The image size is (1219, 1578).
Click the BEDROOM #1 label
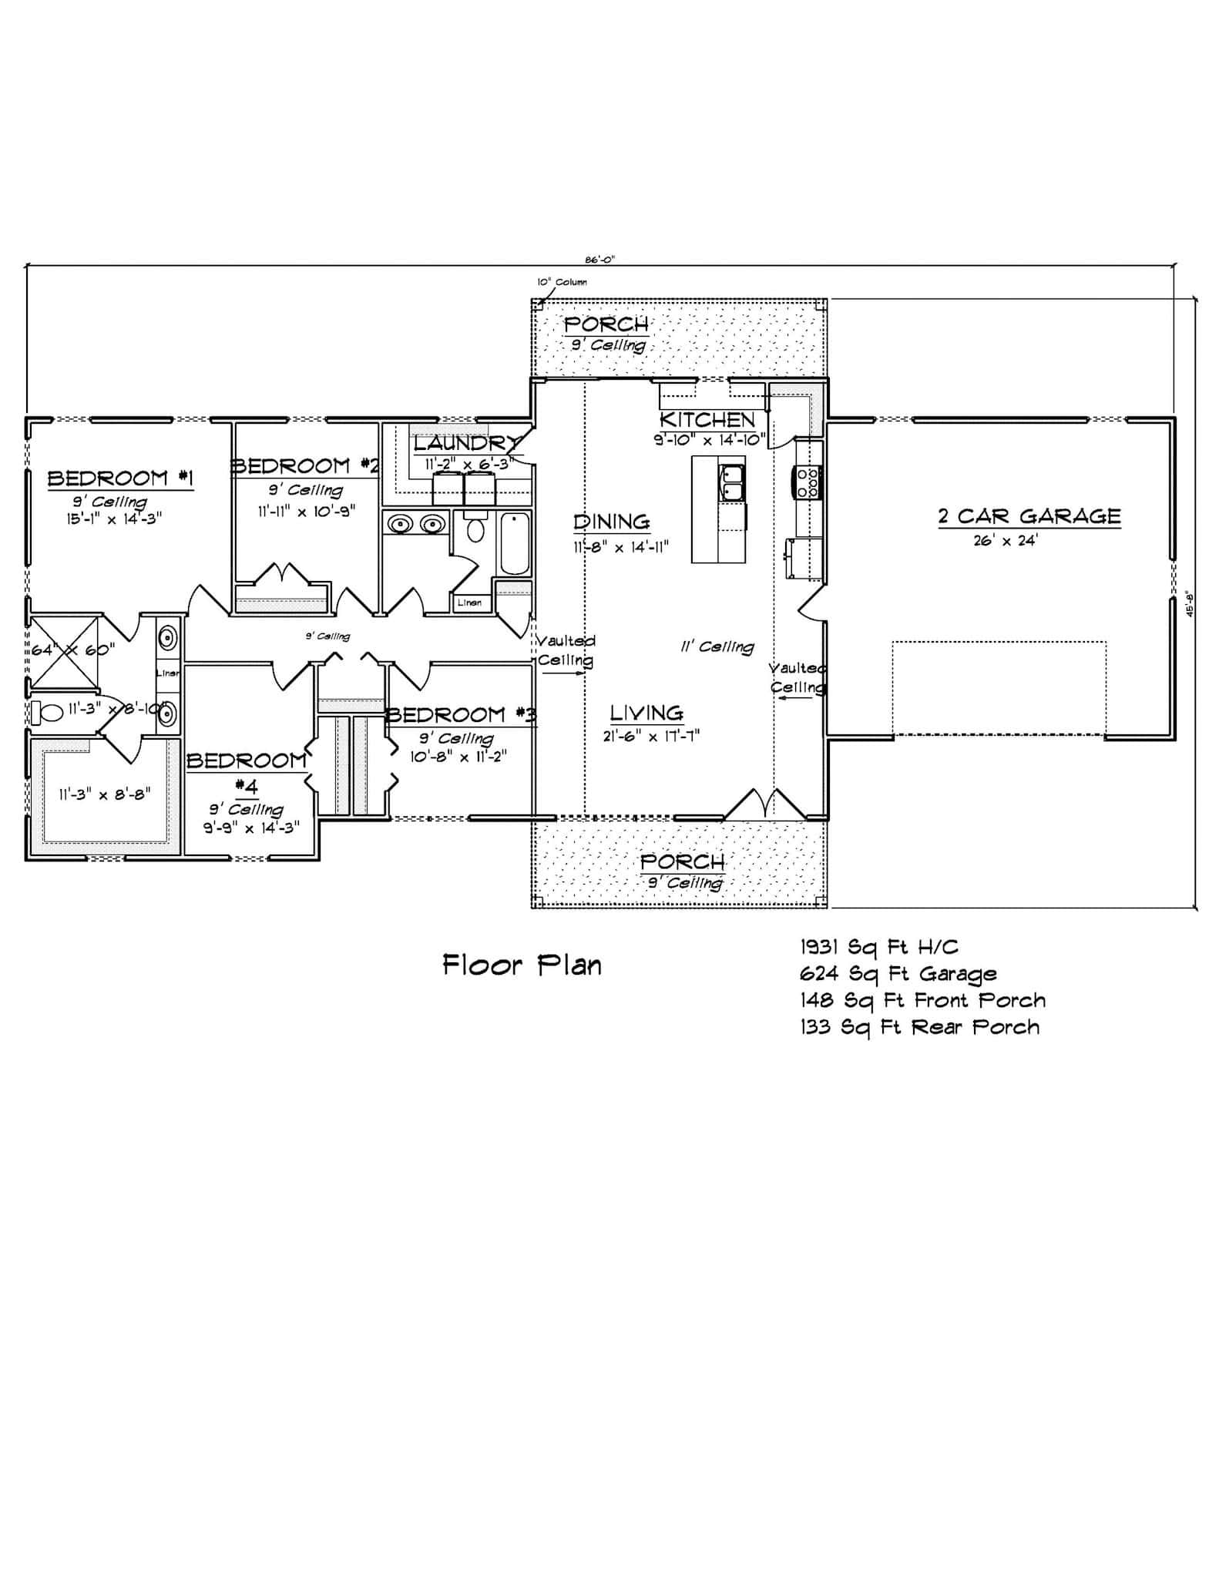tap(120, 478)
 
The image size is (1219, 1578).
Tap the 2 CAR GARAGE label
tap(1029, 515)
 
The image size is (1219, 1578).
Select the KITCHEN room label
tap(707, 419)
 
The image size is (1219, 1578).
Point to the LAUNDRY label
tap(465, 444)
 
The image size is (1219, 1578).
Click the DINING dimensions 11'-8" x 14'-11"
tap(620, 547)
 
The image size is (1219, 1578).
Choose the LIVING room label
tap(646, 713)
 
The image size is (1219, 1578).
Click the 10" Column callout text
tap(562, 282)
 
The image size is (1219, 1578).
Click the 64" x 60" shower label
tap(72, 649)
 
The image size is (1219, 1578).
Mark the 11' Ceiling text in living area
tap(717, 647)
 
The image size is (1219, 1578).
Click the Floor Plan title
tap(522, 965)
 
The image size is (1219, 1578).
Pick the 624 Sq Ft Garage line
tap(898, 974)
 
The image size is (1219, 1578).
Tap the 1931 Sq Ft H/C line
tap(879, 947)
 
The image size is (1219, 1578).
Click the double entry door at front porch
tap(765, 804)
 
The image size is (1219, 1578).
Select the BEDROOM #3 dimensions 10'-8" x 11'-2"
tap(458, 756)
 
